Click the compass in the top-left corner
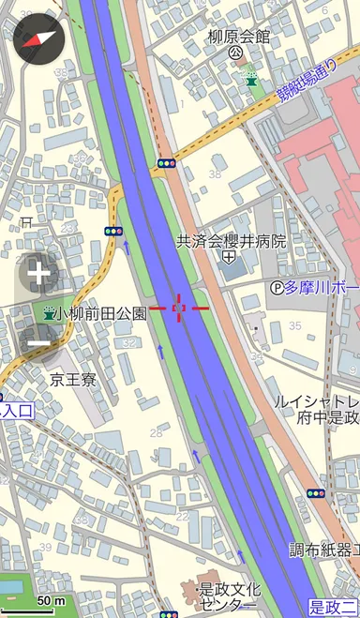point(37,38)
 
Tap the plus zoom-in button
point(38,275)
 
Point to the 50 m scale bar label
point(52,600)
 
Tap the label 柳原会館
point(238,38)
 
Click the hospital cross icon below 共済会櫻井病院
point(228,257)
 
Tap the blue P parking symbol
point(277,287)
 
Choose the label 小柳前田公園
point(100,314)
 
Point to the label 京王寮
point(73,380)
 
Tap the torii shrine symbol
point(26,221)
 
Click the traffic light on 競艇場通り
point(167,163)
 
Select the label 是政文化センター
point(228,596)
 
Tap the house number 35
point(294,325)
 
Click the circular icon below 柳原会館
point(236,53)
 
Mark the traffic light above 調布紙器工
point(315,493)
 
